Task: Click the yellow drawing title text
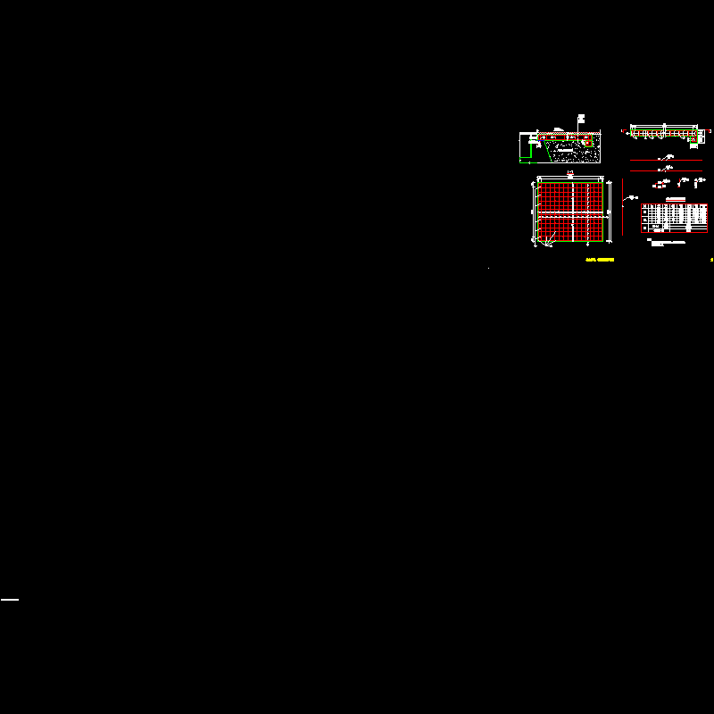(599, 260)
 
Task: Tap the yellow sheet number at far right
(711, 260)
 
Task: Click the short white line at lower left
(10, 600)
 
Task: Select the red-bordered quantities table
(674, 219)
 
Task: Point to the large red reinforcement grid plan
(572, 213)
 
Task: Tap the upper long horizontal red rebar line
(666, 160)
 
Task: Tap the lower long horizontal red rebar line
(666, 170)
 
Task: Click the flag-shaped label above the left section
(582, 117)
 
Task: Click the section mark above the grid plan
(571, 173)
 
